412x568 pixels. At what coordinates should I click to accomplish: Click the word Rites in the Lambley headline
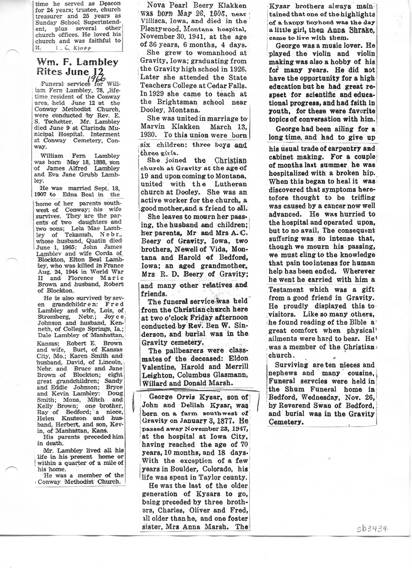[x=53, y=71]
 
